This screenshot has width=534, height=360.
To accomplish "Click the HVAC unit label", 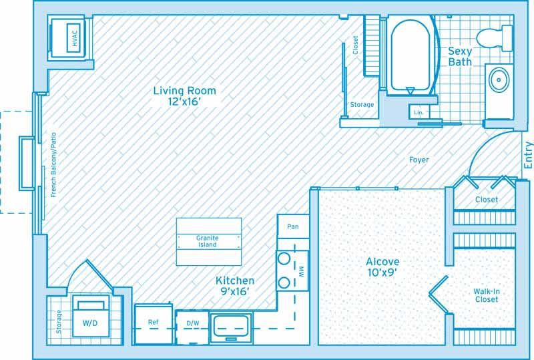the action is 75,38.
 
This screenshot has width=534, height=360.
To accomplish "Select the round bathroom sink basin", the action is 499,79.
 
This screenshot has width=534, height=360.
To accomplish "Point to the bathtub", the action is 410,55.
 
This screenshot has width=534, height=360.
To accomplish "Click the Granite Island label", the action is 207,241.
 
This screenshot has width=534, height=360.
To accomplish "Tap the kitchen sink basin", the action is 231,327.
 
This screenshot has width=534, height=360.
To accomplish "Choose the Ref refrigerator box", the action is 154,324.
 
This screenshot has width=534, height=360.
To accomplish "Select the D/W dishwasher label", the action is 193,323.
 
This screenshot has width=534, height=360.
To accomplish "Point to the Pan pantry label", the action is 293,226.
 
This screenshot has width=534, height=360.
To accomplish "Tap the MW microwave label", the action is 301,271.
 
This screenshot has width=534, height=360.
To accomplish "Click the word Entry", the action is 528,155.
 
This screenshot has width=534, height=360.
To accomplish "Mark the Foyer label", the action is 419,160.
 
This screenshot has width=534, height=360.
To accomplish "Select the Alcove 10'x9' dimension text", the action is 382,273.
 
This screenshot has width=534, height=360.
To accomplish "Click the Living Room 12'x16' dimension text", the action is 184,102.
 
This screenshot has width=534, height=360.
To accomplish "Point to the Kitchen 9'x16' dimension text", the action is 235,291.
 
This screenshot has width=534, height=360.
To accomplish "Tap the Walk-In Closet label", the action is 487,295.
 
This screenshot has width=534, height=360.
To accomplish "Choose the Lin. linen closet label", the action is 419,112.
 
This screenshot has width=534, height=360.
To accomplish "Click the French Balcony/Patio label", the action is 53,165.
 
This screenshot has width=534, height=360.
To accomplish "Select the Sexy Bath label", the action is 460,57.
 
